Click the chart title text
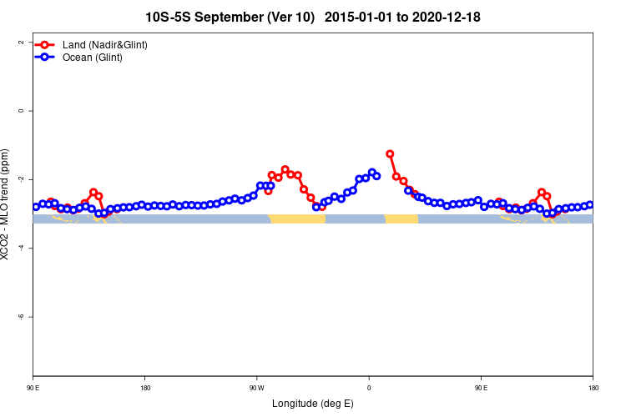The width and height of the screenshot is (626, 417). pyautogui.click(x=312, y=17)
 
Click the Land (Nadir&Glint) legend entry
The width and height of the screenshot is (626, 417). pyautogui.click(x=104, y=44)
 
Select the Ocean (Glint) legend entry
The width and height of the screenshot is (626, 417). pyautogui.click(x=92, y=58)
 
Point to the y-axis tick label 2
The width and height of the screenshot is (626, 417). pyautogui.click(x=20, y=43)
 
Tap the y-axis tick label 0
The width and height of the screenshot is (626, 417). pyautogui.click(x=20, y=111)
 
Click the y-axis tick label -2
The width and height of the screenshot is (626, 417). pyautogui.click(x=20, y=179)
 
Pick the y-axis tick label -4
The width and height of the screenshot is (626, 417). pyautogui.click(x=20, y=249)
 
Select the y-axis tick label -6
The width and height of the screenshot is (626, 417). pyautogui.click(x=20, y=317)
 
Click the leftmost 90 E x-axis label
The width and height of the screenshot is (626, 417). pyautogui.click(x=33, y=388)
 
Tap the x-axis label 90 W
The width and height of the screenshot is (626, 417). pyautogui.click(x=256, y=388)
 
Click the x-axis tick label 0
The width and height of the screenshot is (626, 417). pyautogui.click(x=369, y=388)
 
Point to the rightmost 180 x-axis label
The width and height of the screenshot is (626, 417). pyautogui.click(x=593, y=388)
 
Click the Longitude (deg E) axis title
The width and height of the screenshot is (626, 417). pyautogui.click(x=312, y=404)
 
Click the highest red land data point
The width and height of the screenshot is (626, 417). pyautogui.click(x=390, y=154)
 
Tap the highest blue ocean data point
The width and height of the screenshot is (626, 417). pyautogui.click(x=372, y=173)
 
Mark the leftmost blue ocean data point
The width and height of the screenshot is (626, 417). pyautogui.click(x=36, y=207)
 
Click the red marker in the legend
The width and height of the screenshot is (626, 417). pyautogui.click(x=47, y=44)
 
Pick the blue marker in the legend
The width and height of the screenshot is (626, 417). pyautogui.click(x=47, y=58)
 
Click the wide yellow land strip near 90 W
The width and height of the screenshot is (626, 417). pyautogui.click(x=297, y=219)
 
